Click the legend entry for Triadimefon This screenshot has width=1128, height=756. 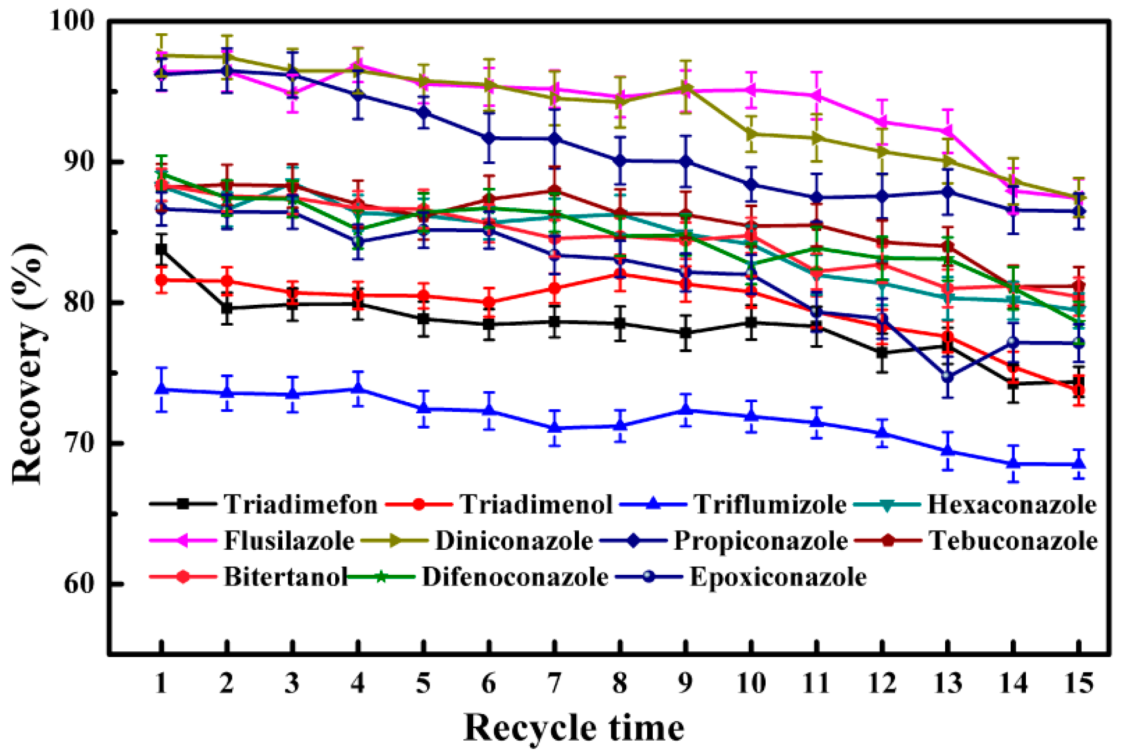(x=300, y=504)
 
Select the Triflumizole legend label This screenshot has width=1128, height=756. (x=770, y=504)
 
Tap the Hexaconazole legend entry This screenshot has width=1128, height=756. (x=1012, y=504)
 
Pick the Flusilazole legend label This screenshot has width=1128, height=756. (x=289, y=541)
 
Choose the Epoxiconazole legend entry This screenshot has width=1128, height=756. (x=778, y=577)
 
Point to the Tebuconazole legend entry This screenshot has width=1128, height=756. (x=1013, y=541)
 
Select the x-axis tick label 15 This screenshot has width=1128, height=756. (x=1078, y=682)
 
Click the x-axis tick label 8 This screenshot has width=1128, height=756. (x=620, y=682)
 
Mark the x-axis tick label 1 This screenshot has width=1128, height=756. (x=161, y=682)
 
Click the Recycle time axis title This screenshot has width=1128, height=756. (x=574, y=727)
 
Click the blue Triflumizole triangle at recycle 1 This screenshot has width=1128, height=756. (x=161, y=388)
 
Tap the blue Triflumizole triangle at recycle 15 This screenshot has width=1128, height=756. (x=1078, y=464)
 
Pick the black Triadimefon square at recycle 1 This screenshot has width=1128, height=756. (x=161, y=249)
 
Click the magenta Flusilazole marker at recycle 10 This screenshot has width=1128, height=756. (x=750, y=90)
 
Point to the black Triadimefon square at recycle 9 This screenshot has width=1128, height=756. (x=685, y=333)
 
